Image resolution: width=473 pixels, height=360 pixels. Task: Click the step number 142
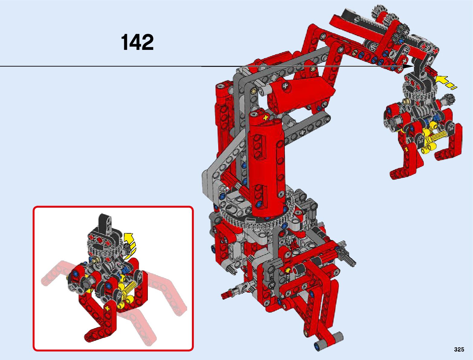point(137,42)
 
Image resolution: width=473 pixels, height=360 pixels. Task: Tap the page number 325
point(459,349)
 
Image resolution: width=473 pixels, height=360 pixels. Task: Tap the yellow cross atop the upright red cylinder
point(266,117)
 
